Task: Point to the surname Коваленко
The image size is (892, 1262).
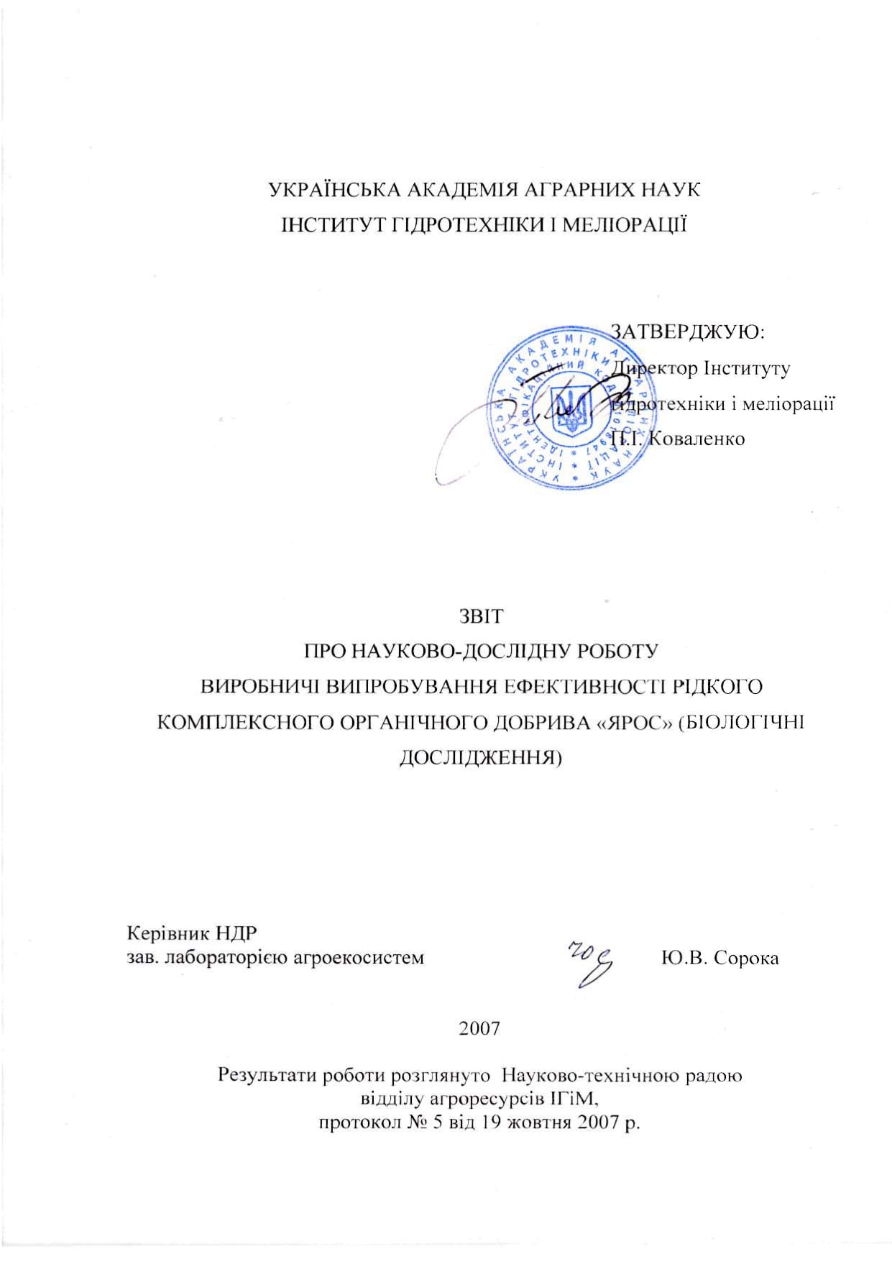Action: (696, 438)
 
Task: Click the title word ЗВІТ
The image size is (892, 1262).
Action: (480, 616)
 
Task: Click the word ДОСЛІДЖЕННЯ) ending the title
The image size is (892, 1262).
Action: (480, 757)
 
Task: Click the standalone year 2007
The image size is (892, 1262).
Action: (479, 1028)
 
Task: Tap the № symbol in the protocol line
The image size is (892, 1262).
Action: (413, 1122)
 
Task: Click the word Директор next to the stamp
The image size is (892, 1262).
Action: (653, 368)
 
